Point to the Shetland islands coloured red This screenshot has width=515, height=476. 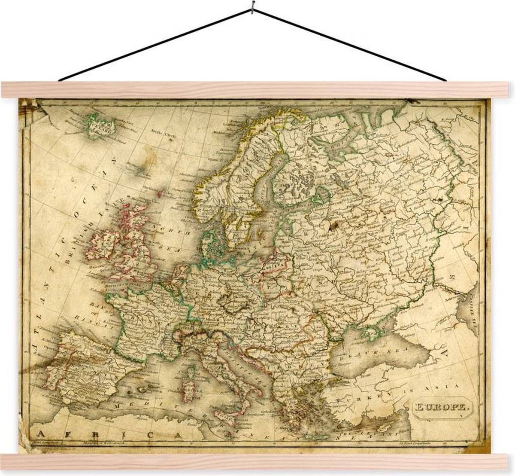pyautogui.click(x=160, y=194)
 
